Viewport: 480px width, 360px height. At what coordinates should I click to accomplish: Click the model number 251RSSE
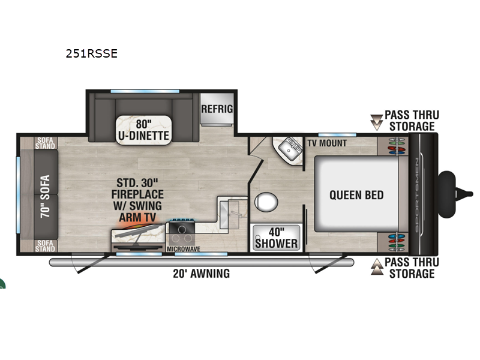click(x=92, y=53)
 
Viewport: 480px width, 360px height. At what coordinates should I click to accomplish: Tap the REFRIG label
click(x=217, y=109)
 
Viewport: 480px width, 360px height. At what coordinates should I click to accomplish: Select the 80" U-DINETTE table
click(x=143, y=130)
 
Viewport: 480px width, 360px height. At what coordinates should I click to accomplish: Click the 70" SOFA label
click(x=45, y=196)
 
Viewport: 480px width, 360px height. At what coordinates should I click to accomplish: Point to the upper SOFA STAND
click(x=45, y=143)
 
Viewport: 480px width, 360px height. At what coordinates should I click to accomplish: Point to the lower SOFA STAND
click(x=45, y=246)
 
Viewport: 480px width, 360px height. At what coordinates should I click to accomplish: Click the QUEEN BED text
click(x=356, y=195)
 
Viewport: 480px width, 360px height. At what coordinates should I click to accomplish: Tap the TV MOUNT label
click(x=327, y=143)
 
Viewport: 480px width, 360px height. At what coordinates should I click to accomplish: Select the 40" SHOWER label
click(x=277, y=238)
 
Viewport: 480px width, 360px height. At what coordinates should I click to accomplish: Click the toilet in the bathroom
click(x=266, y=202)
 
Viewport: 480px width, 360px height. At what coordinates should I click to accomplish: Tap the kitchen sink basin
click(x=229, y=215)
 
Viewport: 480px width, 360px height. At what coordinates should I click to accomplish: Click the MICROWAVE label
click(x=184, y=249)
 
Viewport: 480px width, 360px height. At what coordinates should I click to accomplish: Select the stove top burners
click(x=182, y=233)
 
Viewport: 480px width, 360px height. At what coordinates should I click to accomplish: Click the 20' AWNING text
click(x=202, y=274)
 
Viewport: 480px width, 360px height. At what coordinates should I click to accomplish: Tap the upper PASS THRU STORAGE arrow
click(x=377, y=122)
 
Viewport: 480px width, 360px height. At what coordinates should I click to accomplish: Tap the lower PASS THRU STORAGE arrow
click(x=377, y=266)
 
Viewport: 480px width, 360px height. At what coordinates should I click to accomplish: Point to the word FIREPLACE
click(x=137, y=194)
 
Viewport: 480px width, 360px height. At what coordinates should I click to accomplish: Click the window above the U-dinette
click(x=145, y=91)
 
